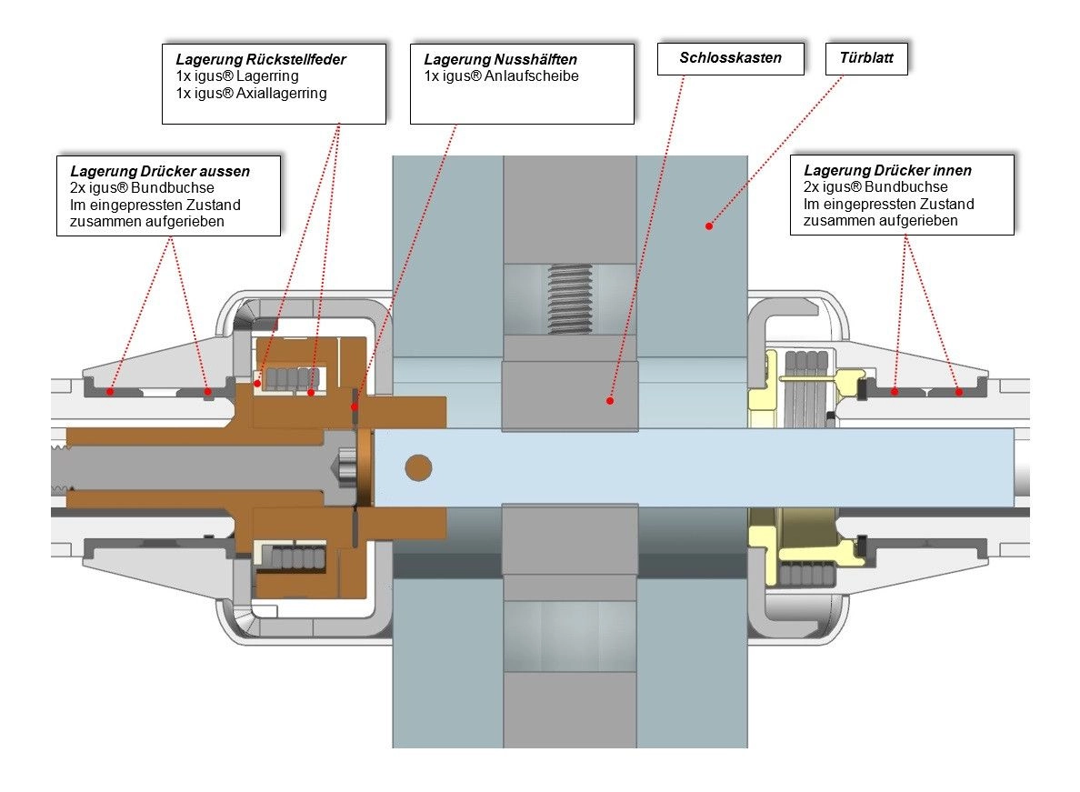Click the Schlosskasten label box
tap(731, 58)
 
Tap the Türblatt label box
tap(866, 58)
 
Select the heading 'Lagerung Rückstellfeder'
tap(261, 59)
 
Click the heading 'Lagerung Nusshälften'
tap(501, 59)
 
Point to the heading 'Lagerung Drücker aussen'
tap(160, 171)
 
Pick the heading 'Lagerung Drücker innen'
tap(888, 170)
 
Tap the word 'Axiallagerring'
tap(282, 93)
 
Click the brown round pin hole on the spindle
tap(418, 467)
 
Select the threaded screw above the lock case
tap(570, 299)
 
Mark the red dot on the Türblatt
tap(709, 226)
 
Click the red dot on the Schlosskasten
tap(610, 400)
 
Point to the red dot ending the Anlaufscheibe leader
tap(355, 407)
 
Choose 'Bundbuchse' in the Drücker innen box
tap(906, 186)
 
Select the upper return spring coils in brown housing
tap(292, 379)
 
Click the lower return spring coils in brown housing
tap(298, 557)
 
